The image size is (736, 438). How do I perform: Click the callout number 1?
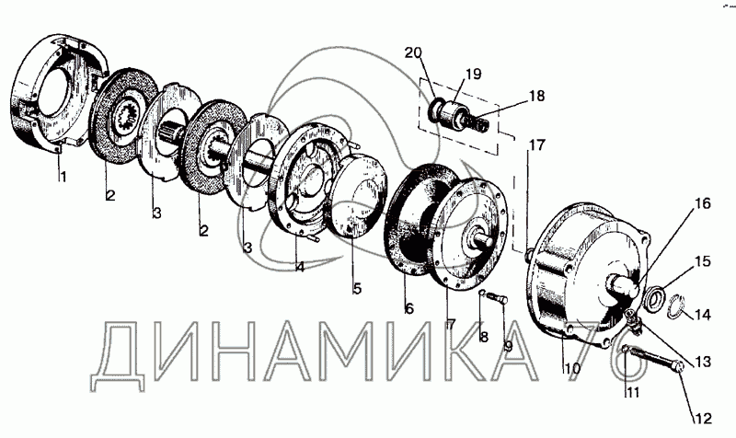pyautogui.click(x=63, y=177)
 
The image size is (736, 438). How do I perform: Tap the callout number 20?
pyautogui.click(x=413, y=53)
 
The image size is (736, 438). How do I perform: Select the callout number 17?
pyautogui.click(x=537, y=145)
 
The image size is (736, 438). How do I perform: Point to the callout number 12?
pyautogui.click(x=704, y=419)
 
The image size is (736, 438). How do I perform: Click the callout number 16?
pyautogui.click(x=702, y=203)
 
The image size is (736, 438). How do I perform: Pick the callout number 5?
pyautogui.click(x=357, y=288)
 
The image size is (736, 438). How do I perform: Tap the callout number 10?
pyautogui.click(x=572, y=368)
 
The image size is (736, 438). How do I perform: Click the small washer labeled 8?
pyautogui.click(x=481, y=294)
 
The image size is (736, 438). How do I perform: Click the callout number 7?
pyautogui.click(x=451, y=324)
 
